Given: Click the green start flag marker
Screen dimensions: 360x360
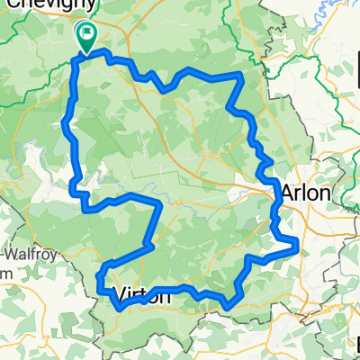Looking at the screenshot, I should [x=86, y=37].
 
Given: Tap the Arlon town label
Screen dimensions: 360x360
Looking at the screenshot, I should [x=308, y=193].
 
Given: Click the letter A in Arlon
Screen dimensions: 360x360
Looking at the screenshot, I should [x=289, y=193].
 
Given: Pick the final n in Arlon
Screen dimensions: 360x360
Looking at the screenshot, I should [x=327, y=193].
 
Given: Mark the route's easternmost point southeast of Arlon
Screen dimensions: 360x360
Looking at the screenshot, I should [x=297, y=245].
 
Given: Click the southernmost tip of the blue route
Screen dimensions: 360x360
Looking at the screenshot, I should [x=227, y=307].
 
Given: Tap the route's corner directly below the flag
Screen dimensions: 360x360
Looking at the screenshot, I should [x=74, y=61].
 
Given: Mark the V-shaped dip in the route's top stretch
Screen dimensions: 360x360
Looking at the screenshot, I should [x=165, y=88].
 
